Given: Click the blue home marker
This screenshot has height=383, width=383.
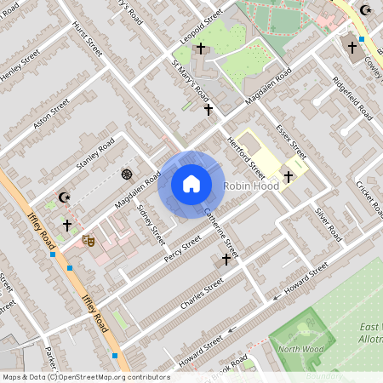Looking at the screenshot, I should [191, 184].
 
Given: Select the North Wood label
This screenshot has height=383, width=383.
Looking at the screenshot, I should [299, 346].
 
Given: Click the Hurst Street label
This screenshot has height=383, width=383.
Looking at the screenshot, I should [88, 39].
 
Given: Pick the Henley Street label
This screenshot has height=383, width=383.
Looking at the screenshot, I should [20, 66].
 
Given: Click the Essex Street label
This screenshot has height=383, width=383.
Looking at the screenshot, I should [290, 140].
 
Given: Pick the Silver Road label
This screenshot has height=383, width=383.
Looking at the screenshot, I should [327, 224].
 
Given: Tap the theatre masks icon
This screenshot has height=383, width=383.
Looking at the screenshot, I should [87, 241].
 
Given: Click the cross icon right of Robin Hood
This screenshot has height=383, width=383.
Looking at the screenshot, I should [289, 177].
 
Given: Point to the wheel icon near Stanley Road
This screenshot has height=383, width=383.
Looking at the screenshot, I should [127, 174].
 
